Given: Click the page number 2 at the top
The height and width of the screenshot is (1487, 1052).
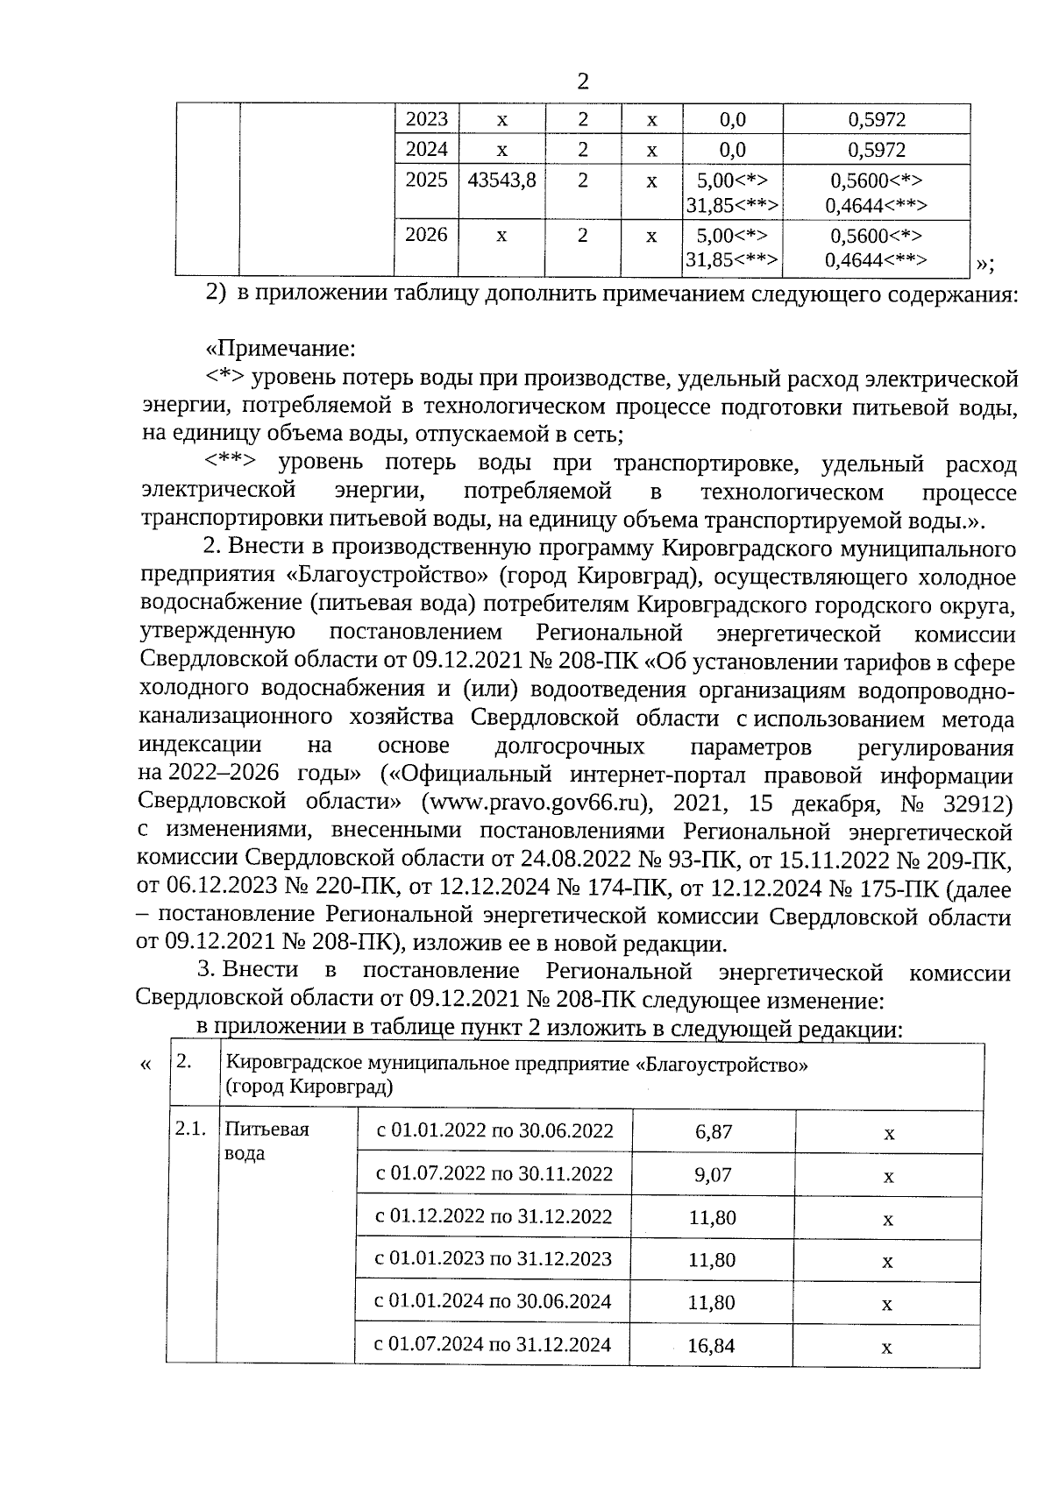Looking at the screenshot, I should pyautogui.click(x=582, y=81).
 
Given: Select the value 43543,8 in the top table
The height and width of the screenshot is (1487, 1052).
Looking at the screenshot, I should pyautogui.click(x=502, y=181).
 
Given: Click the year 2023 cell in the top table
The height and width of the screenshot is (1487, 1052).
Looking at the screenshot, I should pyautogui.click(x=427, y=119).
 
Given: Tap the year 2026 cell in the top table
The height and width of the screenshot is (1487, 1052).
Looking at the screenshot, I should pyautogui.click(x=427, y=235).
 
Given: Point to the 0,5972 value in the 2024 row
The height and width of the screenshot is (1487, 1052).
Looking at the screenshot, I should pyautogui.click(x=877, y=150).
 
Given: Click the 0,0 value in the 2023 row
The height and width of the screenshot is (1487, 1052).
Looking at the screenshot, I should pyautogui.click(x=733, y=120).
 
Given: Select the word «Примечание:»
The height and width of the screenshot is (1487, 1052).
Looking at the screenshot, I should pyautogui.click(x=280, y=349).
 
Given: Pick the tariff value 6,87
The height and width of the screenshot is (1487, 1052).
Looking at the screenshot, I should pyautogui.click(x=714, y=1132).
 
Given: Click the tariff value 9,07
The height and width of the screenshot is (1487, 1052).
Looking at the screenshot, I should pyautogui.click(x=713, y=1175).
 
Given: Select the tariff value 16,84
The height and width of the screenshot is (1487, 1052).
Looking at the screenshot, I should pyautogui.click(x=711, y=1345).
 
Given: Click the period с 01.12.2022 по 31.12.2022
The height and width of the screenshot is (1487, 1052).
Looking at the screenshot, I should pyautogui.click(x=494, y=1217).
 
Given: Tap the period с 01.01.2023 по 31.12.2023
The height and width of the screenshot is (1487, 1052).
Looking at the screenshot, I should pyautogui.click(x=494, y=1259).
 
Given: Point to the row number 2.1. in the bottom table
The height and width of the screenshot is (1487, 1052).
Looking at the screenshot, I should pyautogui.click(x=190, y=1129).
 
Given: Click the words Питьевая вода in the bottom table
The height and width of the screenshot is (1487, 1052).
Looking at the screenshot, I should pyautogui.click(x=267, y=1141).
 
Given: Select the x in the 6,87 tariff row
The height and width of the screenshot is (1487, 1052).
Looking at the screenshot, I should pyautogui.click(x=889, y=1134).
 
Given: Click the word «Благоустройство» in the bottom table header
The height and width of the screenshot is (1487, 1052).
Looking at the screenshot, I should pyautogui.click(x=721, y=1065).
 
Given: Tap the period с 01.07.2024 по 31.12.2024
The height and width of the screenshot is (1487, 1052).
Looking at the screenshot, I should pyautogui.click(x=493, y=1345).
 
